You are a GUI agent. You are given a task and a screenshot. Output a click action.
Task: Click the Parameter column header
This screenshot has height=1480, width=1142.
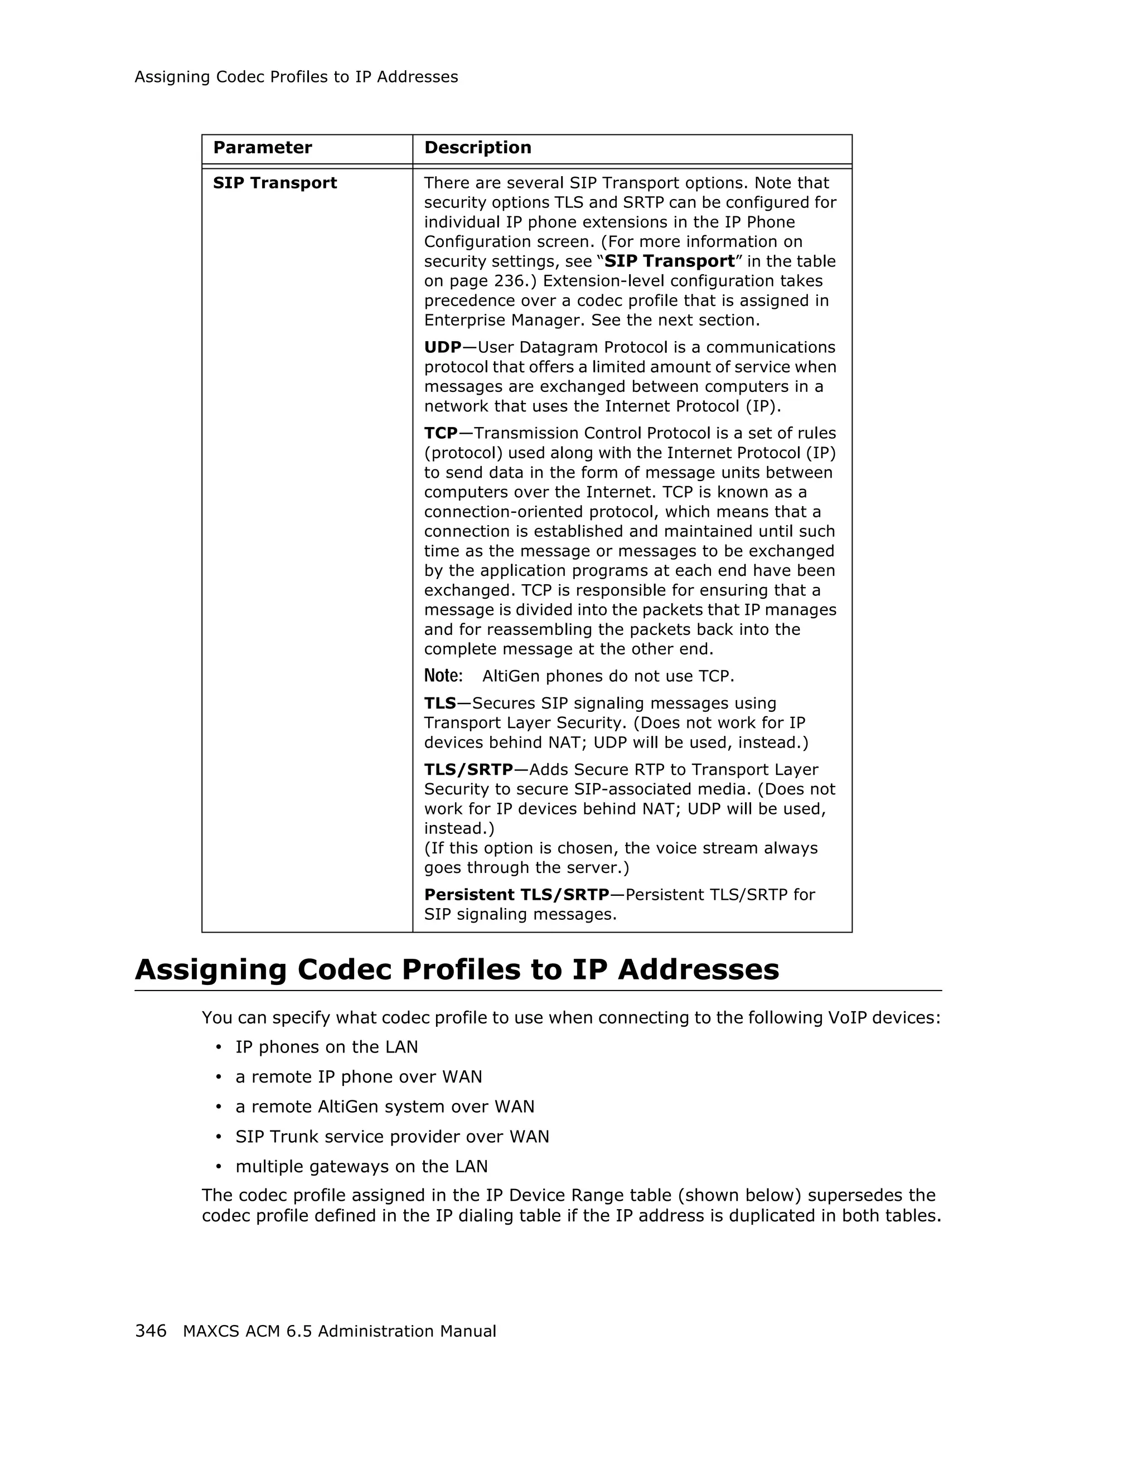pos(262,148)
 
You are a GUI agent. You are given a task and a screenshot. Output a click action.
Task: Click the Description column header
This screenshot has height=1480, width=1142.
pos(477,148)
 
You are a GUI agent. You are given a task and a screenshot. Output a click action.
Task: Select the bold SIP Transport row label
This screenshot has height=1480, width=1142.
pos(274,183)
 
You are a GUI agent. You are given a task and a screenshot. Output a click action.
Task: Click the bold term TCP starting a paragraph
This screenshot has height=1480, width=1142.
pos(441,433)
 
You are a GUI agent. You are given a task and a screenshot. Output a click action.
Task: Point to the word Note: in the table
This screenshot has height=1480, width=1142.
pos(443,676)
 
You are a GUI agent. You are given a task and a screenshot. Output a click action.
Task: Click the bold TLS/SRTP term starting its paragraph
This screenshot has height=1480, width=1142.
pos(468,770)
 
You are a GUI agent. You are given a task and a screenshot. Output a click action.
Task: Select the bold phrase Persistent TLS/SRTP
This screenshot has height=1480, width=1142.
pos(516,895)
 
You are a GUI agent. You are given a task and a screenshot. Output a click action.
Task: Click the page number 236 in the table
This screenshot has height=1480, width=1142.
pos(507,281)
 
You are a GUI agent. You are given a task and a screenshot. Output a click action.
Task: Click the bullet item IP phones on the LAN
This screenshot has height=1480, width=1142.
pos(326,1047)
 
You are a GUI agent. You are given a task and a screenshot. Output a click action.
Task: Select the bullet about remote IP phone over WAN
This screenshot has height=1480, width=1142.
pos(359,1077)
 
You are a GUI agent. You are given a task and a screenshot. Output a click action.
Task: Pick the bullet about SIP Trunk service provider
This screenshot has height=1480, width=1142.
pos(392,1137)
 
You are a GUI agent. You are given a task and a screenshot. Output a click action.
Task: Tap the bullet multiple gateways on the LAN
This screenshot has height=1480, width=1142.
pos(361,1166)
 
